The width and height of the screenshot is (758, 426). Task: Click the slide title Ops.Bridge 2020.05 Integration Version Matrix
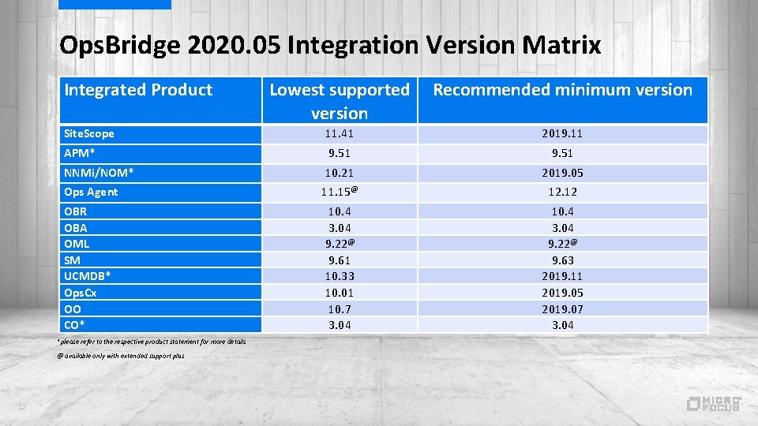330,46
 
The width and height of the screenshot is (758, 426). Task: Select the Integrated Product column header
138,90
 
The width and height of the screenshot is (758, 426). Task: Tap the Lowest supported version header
340,101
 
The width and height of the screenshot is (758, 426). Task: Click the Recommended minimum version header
562,90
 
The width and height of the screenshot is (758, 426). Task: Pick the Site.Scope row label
89,134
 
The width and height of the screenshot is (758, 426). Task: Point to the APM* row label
80,153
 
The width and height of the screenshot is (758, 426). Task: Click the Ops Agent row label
91,192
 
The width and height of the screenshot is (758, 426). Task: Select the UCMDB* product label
87,276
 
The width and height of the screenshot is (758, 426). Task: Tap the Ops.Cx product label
81,293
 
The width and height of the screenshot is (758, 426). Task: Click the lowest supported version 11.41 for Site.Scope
340,134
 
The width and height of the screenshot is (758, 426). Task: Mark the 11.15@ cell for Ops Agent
340,192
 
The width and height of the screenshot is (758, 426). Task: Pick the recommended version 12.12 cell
562,192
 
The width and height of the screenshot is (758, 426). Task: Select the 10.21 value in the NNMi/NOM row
340,173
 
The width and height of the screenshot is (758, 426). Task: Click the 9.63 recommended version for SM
562,260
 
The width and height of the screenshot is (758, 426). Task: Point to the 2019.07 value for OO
562,309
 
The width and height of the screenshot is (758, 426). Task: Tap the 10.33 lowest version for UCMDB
340,276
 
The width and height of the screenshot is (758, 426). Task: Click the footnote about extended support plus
121,357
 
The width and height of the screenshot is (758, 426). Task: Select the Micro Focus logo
713,403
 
